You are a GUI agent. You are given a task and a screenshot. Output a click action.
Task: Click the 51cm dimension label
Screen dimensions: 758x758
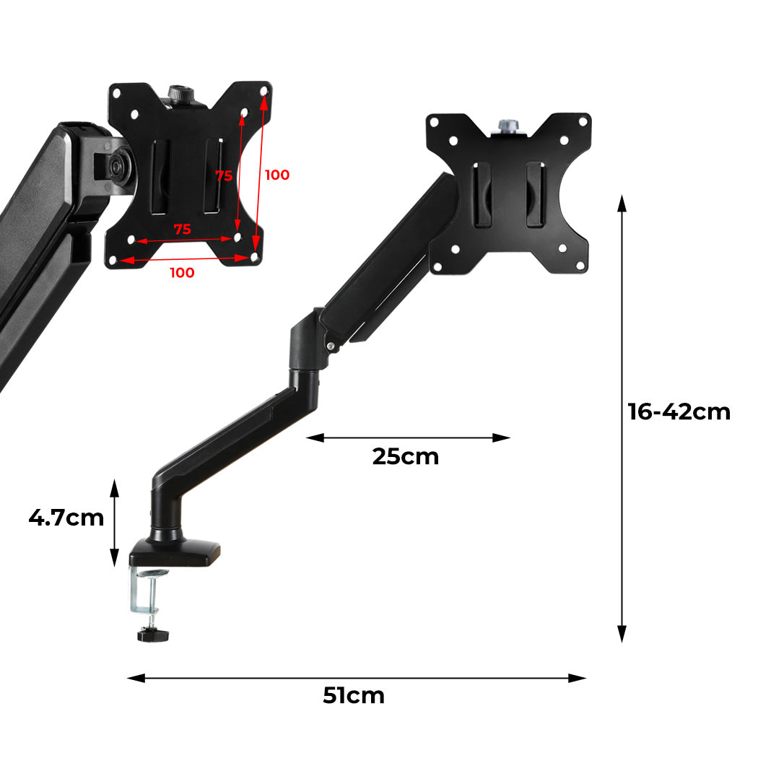(353, 696)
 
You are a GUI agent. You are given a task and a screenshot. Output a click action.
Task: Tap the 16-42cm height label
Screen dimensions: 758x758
(679, 411)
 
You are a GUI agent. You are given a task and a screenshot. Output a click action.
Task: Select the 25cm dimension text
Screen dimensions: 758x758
(405, 457)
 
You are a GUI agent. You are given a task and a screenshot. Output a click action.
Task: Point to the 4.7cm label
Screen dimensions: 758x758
(66, 518)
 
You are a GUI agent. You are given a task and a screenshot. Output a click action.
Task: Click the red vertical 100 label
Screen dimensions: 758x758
(277, 175)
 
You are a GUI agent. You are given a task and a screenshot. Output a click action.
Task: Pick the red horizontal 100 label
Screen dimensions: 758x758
(182, 273)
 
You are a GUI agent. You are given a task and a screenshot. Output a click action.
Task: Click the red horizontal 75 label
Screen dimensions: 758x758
(183, 230)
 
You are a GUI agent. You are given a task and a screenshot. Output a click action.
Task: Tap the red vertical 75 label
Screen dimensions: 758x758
(224, 175)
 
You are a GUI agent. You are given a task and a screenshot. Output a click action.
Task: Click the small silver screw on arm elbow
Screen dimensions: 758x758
(331, 347)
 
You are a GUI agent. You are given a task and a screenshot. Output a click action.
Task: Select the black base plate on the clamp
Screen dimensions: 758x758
(176, 554)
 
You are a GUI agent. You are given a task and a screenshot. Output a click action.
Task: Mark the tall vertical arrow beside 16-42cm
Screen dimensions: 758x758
(622, 419)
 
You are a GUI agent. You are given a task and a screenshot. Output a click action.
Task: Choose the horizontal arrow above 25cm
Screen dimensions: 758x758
(409, 437)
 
